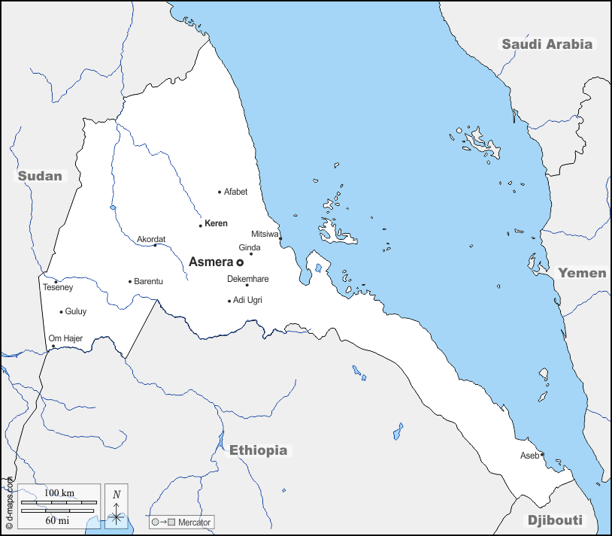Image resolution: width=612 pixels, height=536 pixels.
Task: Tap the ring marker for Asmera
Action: click(x=240, y=263)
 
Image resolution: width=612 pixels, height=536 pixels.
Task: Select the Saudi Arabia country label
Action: click(x=547, y=44)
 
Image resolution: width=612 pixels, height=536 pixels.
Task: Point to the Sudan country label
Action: click(x=40, y=176)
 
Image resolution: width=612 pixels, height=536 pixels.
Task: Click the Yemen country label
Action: click(x=582, y=273)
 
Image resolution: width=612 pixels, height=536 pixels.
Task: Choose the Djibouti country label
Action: click(x=555, y=520)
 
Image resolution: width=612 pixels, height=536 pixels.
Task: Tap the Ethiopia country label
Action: click(x=258, y=450)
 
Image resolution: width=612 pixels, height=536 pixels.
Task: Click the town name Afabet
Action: click(x=235, y=192)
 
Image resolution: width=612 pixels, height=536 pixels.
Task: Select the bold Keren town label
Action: click(x=216, y=224)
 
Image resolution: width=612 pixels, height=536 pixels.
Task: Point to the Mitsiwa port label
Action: click(x=265, y=234)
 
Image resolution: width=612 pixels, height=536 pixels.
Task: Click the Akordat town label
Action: click(x=150, y=239)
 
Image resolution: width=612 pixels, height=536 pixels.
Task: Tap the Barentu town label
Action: click(x=148, y=281)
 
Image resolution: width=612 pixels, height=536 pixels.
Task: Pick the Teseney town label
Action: click(x=58, y=287)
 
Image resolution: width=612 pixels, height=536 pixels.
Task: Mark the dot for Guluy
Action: click(x=61, y=312)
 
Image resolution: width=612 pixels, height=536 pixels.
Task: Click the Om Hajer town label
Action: click(x=65, y=338)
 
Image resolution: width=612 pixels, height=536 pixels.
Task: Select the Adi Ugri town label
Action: click(x=247, y=301)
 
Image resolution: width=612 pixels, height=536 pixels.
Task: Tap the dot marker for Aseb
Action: click(x=542, y=454)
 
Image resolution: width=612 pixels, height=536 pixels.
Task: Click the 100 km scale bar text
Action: click(x=58, y=493)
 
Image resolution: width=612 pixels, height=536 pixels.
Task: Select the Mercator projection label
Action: click(x=195, y=522)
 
